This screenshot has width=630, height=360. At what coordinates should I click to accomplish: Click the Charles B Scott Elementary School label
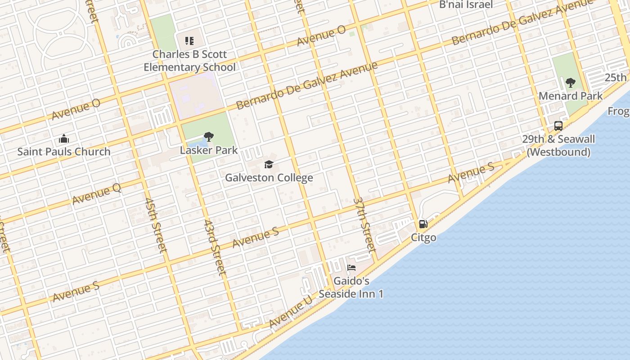tap(189, 61)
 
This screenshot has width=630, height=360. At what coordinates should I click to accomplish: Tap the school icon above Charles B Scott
tap(189, 41)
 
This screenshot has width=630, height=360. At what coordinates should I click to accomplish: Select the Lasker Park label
tap(209, 150)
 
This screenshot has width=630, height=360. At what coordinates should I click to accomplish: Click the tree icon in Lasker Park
tap(208, 137)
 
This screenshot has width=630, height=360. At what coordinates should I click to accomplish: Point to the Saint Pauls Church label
tap(64, 152)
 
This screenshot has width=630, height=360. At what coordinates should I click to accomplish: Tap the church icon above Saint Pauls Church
tap(64, 138)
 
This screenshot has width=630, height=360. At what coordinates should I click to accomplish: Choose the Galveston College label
tap(269, 177)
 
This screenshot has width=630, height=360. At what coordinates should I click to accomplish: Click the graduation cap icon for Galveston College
tap(269, 164)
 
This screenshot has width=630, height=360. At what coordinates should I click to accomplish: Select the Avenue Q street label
tap(97, 194)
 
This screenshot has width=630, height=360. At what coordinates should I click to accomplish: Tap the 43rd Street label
tap(215, 247)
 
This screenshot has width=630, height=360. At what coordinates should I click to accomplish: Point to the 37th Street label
tap(364, 224)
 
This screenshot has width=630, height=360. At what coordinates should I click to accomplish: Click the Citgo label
tap(423, 237)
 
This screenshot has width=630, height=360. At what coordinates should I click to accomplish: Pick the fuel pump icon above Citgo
tap(423, 224)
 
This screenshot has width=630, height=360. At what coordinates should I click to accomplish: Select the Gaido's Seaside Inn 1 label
tap(351, 288)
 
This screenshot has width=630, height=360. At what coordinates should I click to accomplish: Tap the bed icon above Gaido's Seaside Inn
tap(351, 268)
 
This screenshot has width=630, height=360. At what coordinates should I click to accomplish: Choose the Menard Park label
tap(571, 96)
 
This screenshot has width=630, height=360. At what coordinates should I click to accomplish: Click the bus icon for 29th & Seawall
tap(558, 126)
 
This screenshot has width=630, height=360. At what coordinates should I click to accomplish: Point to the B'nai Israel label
tap(466, 4)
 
